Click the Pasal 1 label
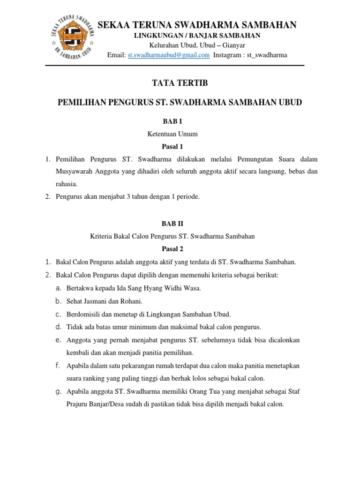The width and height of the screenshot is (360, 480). pyautogui.click(x=172, y=147)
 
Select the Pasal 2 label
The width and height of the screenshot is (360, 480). pyautogui.click(x=172, y=249)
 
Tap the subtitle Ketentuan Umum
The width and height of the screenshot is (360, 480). pyautogui.click(x=172, y=134)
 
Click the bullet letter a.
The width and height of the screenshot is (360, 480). pyautogui.click(x=58, y=288)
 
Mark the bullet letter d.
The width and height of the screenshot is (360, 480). pyautogui.click(x=58, y=326)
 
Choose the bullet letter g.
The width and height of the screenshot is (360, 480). pyautogui.click(x=58, y=390)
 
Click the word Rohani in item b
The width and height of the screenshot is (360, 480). pyautogui.click(x=131, y=301)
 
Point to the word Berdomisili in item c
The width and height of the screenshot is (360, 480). pyautogui.click(x=82, y=314)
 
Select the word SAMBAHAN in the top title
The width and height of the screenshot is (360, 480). pyautogui.click(x=266, y=25)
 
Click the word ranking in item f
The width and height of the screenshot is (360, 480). pyautogui.click(x=97, y=378)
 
